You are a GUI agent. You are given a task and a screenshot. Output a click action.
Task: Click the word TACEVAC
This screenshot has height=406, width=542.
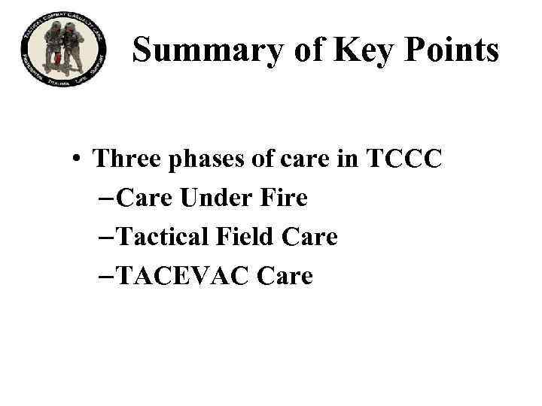pos(183,276)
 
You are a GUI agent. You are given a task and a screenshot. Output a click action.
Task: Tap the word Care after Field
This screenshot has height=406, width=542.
pos(310,237)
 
